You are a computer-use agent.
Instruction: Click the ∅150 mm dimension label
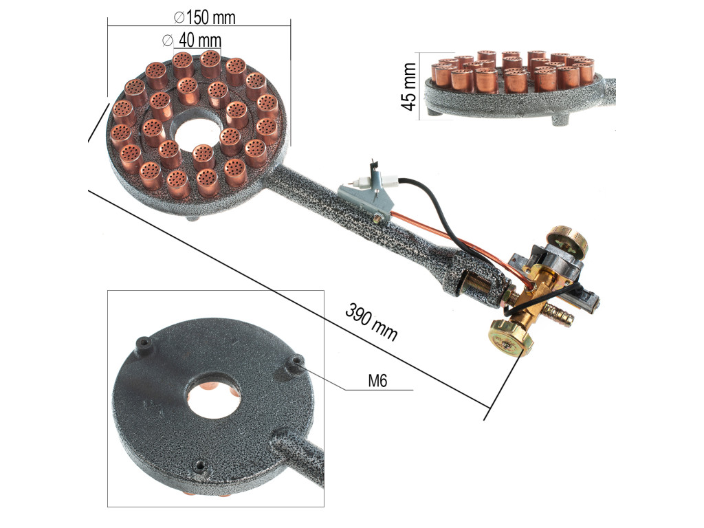coord(204,17)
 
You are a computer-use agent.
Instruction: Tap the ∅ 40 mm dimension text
coord(192,40)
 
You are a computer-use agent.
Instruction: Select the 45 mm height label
coord(408,87)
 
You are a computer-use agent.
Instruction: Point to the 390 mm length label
coord(371,322)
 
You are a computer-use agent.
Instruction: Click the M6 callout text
coord(377,381)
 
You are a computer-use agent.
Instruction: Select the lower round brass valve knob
coord(511,338)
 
